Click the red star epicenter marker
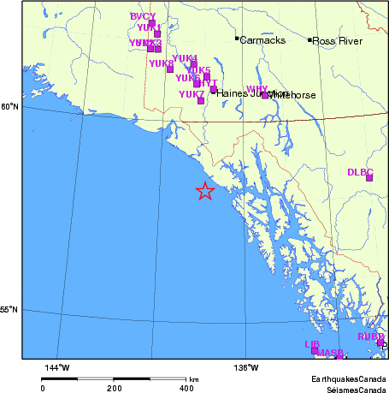[205, 191]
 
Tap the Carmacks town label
[262, 40]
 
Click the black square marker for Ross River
[309, 39]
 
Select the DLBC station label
[361, 172]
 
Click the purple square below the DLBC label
[369, 178]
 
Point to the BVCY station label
[143, 17]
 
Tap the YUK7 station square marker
[201, 101]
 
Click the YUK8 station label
[161, 63]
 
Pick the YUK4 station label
[185, 58]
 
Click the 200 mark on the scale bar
[114, 388]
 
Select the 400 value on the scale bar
[185, 388]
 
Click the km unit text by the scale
[194, 379]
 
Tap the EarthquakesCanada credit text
[347, 378]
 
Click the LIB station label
[312, 344]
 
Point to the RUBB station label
[371, 337]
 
